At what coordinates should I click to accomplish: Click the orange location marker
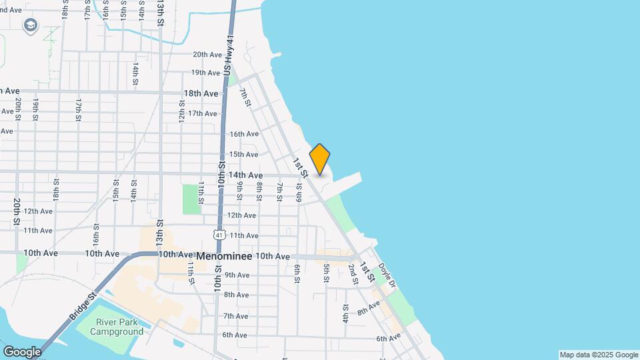click(320, 159)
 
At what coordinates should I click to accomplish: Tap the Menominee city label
click(224, 255)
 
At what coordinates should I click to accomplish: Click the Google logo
click(21, 351)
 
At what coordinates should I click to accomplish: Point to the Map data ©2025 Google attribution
click(599, 355)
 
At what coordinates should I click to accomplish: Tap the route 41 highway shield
click(219, 235)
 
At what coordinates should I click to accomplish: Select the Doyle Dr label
click(387, 276)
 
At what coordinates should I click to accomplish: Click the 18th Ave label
click(201, 94)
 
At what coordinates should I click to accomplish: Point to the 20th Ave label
click(207, 55)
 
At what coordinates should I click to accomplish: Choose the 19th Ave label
click(205, 73)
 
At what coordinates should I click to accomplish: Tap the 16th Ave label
click(243, 134)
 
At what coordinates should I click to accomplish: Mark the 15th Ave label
click(243, 154)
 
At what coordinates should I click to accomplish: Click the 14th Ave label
click(245, 175)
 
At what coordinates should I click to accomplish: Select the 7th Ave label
click(235, 316)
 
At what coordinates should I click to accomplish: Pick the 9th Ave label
click(237, 275)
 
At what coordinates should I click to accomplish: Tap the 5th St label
click(327, 273)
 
